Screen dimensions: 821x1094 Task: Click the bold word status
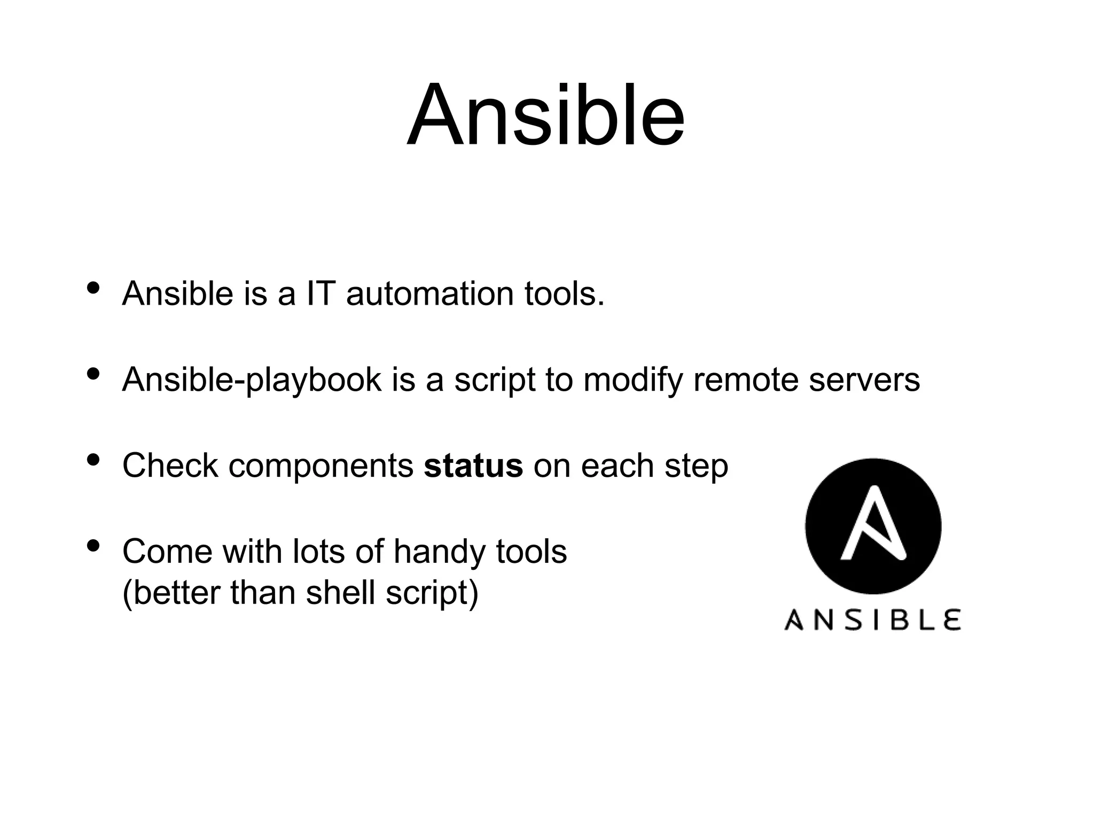(x=473, y=466)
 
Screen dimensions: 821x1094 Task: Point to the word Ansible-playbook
(x=252, y=381)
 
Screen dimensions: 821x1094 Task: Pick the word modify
(x=633, y=381)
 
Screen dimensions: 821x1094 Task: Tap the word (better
(x=170, y=593)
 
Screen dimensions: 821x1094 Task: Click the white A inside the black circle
(x=873, y=524)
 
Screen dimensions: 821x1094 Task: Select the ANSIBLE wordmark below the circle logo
(x=873, y=620)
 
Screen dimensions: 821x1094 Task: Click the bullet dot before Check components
(x=93, y=460)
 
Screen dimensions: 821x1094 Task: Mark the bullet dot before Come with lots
(x=93, y=546)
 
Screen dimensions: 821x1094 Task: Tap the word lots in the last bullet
(x=318, y=552)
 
